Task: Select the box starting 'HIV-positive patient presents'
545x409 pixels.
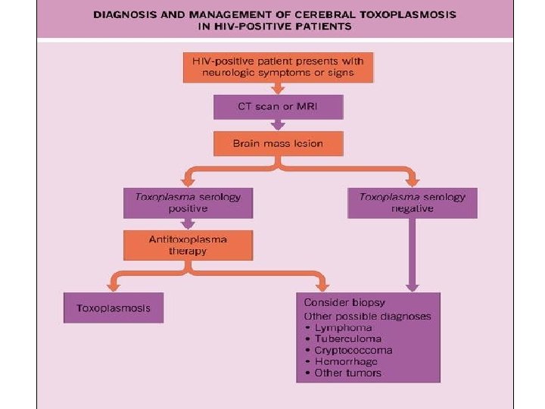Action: click(279, 67)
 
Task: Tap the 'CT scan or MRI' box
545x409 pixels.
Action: click(279, 106)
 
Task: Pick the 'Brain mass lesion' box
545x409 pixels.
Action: click(279, 142)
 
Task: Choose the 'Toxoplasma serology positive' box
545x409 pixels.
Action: click(187, 202)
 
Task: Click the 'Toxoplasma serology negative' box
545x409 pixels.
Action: click(412, 202)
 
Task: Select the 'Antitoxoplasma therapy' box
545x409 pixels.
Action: click(187, 245)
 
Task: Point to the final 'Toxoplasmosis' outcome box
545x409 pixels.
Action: click(114, 308)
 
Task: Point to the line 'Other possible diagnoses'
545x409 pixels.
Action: click(367, 315)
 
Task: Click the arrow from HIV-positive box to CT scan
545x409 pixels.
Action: click(279, 88)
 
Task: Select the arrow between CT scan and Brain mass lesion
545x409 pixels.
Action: click(279, 125)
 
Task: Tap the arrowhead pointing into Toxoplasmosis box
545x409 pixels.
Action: click(114, 287)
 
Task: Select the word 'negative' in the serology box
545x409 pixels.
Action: click(413, 209)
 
